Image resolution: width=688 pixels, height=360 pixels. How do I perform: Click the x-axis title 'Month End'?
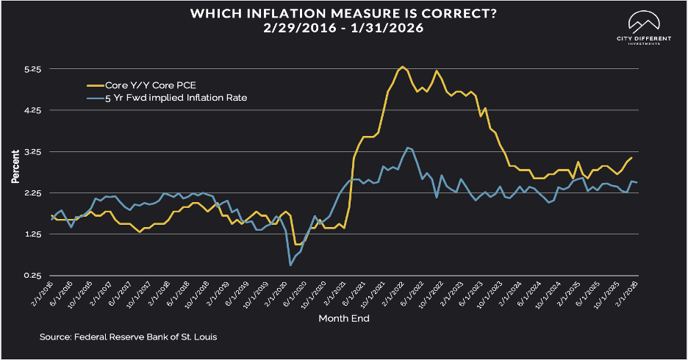coord(343,318)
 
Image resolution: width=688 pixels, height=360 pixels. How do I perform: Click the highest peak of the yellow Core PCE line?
coord(402,66)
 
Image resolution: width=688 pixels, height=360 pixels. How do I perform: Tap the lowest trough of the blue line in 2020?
coord(290,264)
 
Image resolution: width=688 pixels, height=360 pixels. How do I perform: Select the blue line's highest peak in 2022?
coord(408,148)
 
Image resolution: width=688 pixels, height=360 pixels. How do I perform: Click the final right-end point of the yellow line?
coord(631,158)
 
